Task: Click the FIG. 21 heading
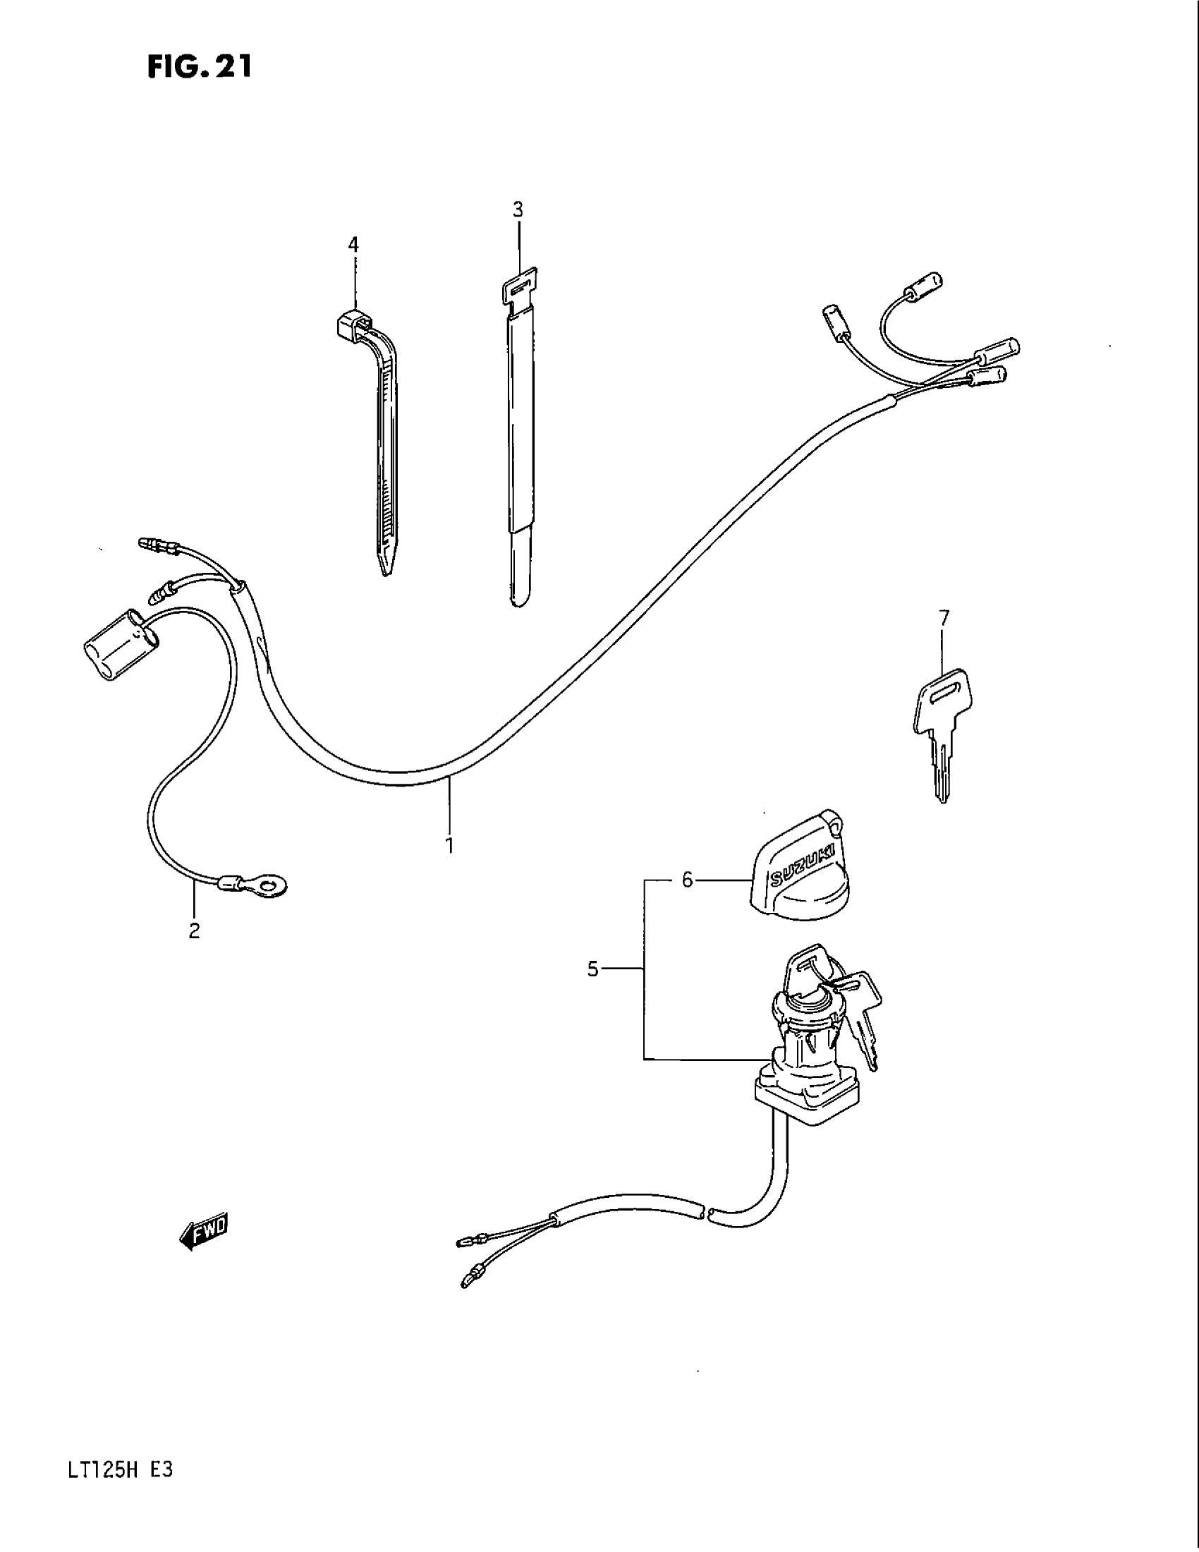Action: pos(200,68)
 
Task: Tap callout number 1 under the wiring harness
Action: pos(449,845)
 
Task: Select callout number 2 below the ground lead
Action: pos(194,930)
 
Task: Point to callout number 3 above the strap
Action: pos(518,210)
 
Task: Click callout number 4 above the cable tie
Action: pos(353,245)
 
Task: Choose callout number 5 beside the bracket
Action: pos(593,969)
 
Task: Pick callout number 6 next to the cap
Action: pos(686,880)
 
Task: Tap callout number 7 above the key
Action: pos(943,618)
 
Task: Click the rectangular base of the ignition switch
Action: pos(805,1098)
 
